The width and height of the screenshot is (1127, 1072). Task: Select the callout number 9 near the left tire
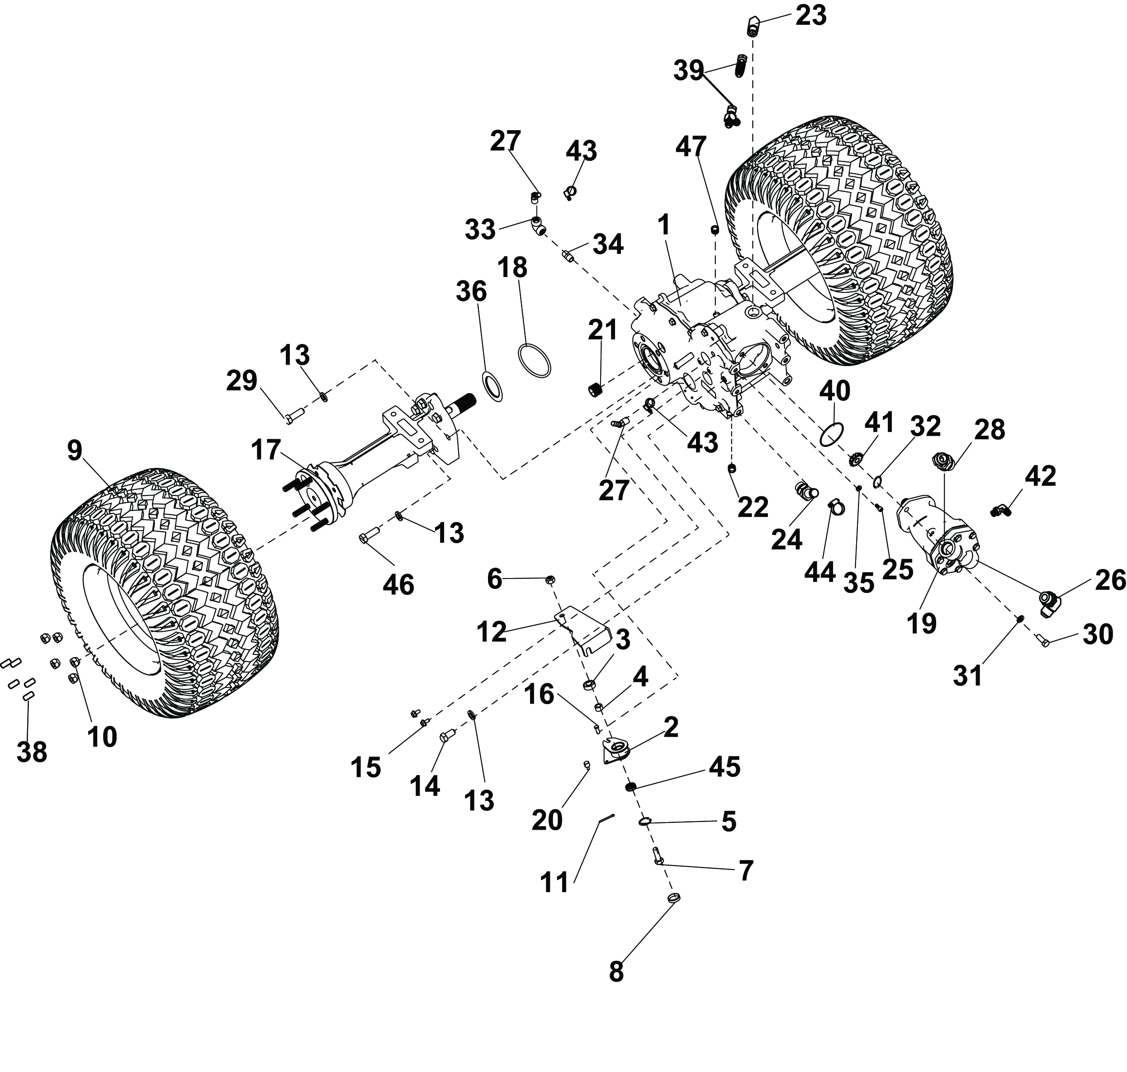click(75, 451)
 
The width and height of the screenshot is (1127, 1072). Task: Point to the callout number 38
click(32, 752)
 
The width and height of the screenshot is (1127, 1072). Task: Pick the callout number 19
click(922, 623)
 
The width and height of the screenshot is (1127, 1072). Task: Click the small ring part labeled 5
click(644, 822)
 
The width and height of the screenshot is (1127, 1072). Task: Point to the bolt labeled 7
click(658, 856)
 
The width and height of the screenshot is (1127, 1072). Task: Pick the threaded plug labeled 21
click(597, 391)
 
